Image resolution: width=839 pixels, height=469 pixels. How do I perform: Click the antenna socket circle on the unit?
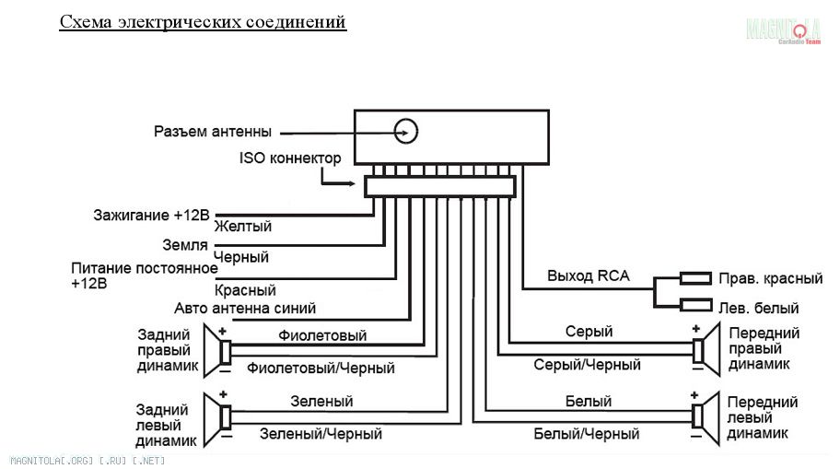(x=406, y=131)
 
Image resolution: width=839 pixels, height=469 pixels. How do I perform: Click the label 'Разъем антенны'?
(x=213, y=132)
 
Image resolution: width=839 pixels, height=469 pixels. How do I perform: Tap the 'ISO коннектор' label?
(x=290, y=158)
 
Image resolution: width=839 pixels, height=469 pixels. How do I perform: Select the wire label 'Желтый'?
(x=242, y=226)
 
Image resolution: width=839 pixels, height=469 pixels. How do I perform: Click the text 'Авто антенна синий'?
(x=245, y=308)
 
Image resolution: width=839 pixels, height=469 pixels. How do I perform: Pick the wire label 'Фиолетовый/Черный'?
(x=320, y=368)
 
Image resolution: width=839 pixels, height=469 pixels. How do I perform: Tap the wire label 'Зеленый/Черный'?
(x=320, y=432)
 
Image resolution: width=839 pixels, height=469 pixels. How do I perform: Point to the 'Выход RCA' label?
(x=587, y=276)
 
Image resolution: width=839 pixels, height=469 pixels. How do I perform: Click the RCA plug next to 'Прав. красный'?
(x=695, y=277)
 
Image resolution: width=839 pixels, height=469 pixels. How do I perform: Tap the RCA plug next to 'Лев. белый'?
(x=695, y=306)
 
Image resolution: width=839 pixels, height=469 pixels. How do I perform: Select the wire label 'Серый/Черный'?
(x=587, y=365)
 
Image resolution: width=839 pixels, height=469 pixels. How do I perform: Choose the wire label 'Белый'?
(x=588, y=402)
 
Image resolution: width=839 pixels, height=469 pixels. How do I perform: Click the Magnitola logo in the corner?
(x=784, y=30)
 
